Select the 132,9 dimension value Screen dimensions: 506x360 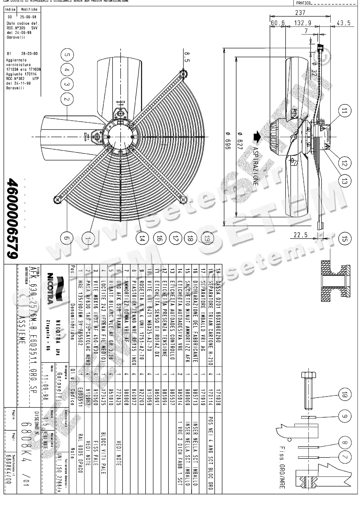click(303, 23)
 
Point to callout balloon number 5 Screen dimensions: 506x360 click(66, 55)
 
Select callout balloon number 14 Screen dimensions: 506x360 click(142, 239)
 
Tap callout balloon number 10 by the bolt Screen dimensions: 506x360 click(344, 395)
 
